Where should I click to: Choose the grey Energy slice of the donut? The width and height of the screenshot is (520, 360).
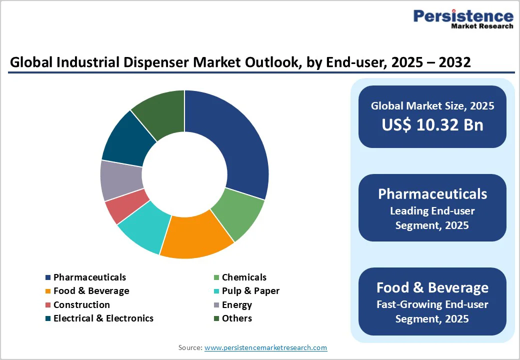pos(116,180)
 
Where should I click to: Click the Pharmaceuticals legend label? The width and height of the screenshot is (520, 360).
pos(89,277)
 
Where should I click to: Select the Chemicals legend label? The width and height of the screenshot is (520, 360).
pos(244,277)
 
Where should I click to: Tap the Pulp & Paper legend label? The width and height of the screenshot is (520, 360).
pos(250,291)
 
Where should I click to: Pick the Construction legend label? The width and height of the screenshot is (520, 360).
pos(81,305)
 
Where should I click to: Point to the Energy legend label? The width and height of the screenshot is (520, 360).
pos(236,305)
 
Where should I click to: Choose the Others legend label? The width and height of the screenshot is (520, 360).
pos(236,318)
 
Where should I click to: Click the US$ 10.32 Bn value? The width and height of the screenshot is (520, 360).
pos(432,124)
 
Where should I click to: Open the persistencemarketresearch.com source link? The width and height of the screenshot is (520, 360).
pos(265,347)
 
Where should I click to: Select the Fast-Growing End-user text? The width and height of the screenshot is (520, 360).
pos(432,304)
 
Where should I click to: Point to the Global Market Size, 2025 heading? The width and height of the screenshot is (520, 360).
pos(432,105)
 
